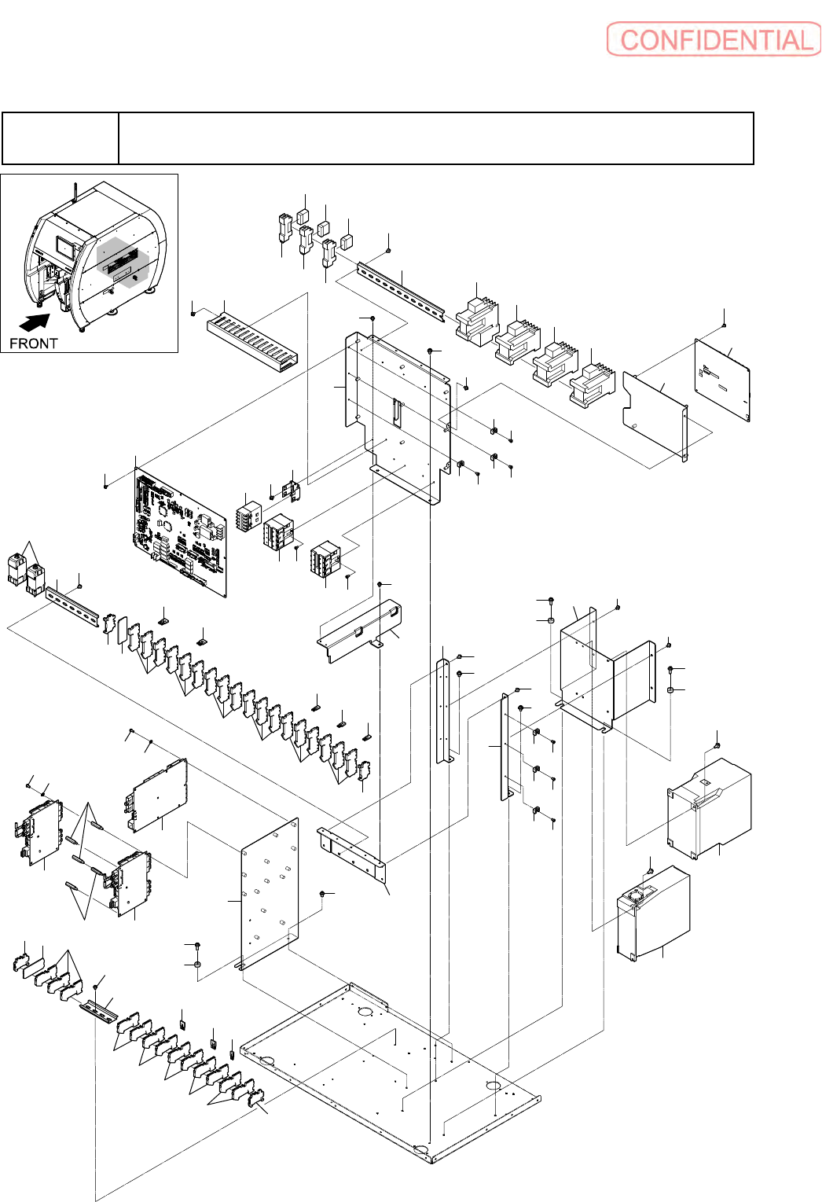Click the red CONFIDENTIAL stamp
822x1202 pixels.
[x=714, y=39]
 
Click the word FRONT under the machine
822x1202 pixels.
[x=33, y=344]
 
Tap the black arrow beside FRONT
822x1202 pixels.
[x=35, y=322]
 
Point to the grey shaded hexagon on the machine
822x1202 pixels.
[x=123, y=263]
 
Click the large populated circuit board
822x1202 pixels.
[x=180, y=531]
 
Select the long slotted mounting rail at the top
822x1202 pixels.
[x=402, y=292]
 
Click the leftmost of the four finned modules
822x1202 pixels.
[x=477, y=322]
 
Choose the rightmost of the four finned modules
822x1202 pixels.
[x=592, y=386]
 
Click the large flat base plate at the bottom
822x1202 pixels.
[x=390, y=1073]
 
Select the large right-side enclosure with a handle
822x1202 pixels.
[x=710, y=808]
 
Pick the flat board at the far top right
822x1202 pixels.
[x=722, y=380]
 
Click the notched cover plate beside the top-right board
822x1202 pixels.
[x=655, y=417]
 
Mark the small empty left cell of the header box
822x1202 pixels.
[x=60, y=138]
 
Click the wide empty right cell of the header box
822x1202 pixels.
[x=435, y=138]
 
